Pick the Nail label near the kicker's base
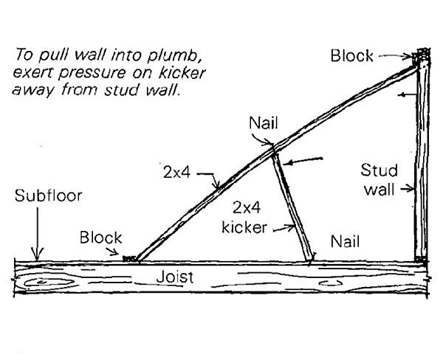(345, 240)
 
